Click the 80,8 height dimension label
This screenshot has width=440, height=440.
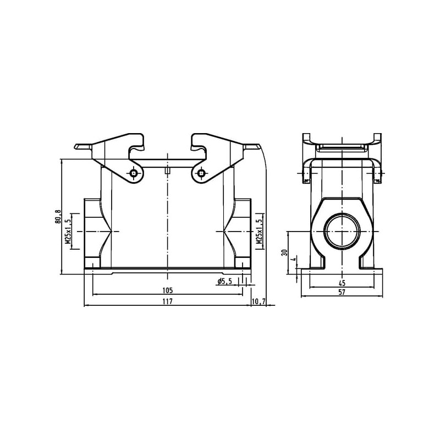58,216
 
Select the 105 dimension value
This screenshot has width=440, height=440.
167,290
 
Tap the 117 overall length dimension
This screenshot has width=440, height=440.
168,301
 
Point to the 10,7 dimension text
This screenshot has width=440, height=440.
258,301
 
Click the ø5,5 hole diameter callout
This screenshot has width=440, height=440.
224,282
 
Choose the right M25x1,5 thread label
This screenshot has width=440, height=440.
258,231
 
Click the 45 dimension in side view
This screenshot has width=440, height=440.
342,283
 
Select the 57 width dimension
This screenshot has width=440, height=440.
342,292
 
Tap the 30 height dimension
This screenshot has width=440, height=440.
285,252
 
